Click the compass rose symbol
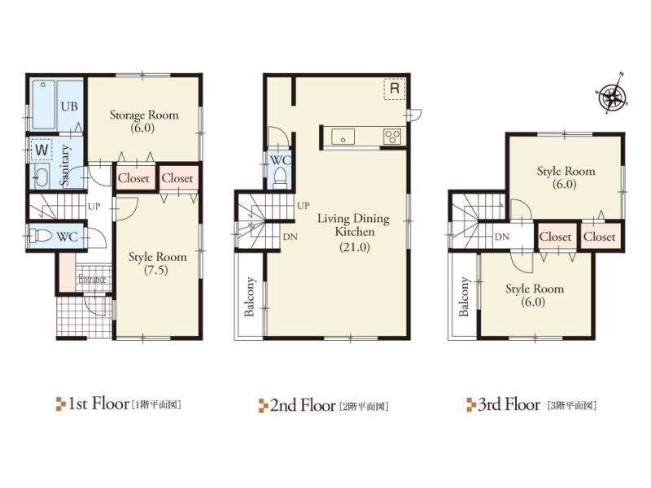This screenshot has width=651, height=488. click(x=612, y=98)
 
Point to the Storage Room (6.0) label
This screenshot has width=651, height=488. click(x=144, y=121)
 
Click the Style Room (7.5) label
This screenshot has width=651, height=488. click(x=158, y=264)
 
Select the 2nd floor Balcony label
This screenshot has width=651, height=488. click(x=250, y=297)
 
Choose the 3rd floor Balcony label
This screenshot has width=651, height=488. click(x=464, y=297)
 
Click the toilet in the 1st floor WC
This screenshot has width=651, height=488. click(x=41, y=236)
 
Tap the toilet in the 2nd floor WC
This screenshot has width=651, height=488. click(x=280, y=176)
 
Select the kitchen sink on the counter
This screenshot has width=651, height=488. click(x=341, y=137)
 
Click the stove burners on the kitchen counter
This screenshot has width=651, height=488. click(x=392, y=137)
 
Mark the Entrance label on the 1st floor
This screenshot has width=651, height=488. click(x=92, y=281)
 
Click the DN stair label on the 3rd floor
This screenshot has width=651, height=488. click(x=502, y=237)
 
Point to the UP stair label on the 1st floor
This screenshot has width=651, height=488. click(x=94, y=207)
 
